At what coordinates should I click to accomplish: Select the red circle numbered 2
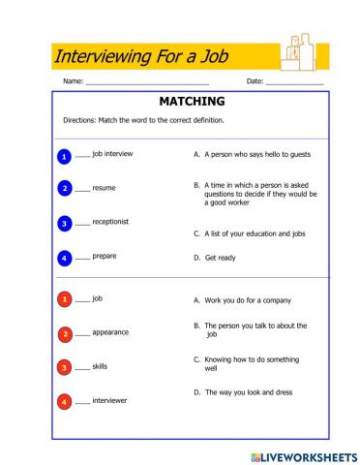[x=64, y=334]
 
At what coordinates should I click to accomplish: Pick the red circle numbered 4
[x=64, y=401]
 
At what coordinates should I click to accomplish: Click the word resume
[x=104, y=188]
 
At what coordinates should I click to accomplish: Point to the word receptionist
[x=110, y=222]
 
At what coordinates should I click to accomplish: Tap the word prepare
[x=105, y=257]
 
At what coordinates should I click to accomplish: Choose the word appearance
[x=110, y=332]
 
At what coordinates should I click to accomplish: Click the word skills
[x=100, y=366]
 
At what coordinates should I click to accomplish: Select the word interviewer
[x=110, y=399]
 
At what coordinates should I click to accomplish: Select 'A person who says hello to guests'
[x=254, y=153]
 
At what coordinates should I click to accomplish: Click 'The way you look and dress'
[x=248, y=392]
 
